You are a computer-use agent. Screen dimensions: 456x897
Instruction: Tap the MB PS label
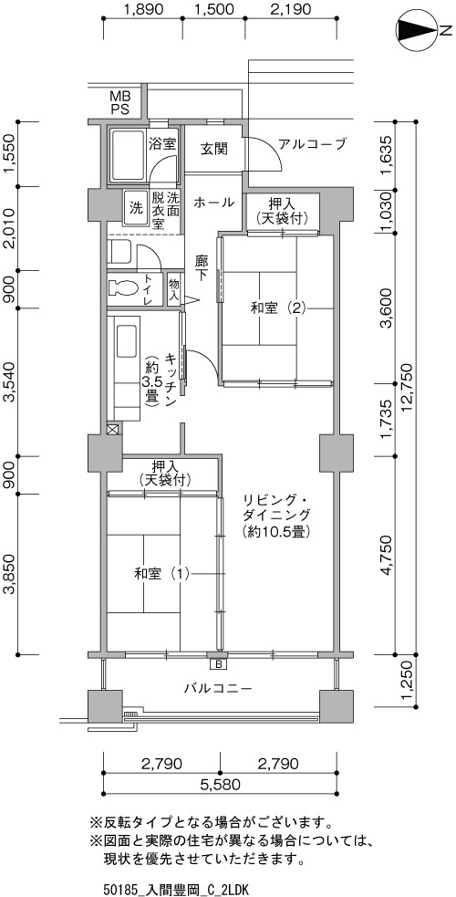coord(120,101)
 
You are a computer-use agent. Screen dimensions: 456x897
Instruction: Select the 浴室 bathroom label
coord(161,143)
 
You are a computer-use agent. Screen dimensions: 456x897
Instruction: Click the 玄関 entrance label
coord(213,150)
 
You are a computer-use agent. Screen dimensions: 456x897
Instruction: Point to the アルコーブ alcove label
coord(312,143)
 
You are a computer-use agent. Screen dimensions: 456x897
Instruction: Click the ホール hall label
coord(213,202)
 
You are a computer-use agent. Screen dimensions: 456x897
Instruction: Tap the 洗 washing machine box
coord(136,208)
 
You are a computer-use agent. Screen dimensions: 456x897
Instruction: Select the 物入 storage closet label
coord(173,290)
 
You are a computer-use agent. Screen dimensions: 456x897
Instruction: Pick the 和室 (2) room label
coord(279,308)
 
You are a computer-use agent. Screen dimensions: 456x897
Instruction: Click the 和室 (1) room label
coord(161,573)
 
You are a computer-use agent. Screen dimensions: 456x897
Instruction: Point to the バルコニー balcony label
coord(218,688)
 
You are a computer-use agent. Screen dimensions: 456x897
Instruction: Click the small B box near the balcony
coord(218,664)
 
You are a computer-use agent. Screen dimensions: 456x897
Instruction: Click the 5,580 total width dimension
coord(220,783)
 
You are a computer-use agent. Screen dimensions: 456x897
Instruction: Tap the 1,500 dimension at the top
coord(213,9)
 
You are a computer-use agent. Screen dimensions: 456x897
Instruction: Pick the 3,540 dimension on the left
coord(11,382)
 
